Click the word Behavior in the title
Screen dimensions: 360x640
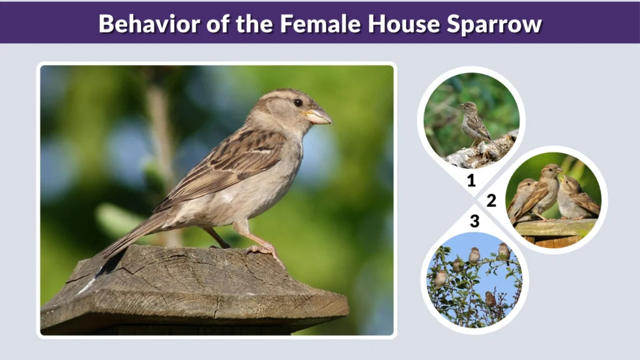pyautogui.click(x=147, y=24)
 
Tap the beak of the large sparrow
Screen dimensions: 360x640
pyautogui.click(x=319, y=116)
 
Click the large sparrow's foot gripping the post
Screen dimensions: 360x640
pyautogui.click(x=262, y=250)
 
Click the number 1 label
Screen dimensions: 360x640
pyautogui.click(x=471, y=182)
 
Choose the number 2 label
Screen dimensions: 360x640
pyautogui.click(x=491, y=201)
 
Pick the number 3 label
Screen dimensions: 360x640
pyautogui.click(x=474, y=221)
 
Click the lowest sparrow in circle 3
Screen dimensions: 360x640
pyautogui.click(x=491, y=299)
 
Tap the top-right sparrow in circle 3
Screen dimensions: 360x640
pyautogui.click(x=504, y=251)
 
